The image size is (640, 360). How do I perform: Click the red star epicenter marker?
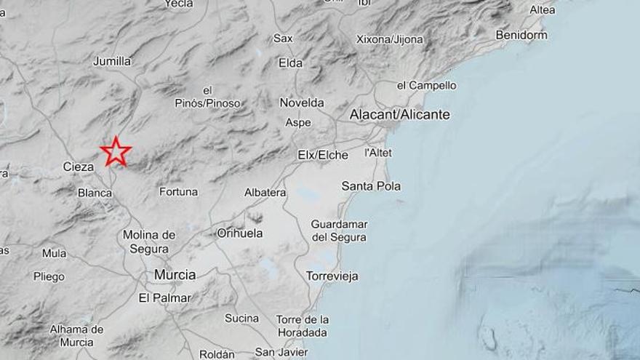coord(116,152)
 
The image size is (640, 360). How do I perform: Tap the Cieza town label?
coord(79,167)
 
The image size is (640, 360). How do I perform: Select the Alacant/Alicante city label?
coord(399,115)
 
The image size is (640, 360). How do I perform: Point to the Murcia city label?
coord(175,275)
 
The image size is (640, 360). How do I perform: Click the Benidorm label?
coord(521,35)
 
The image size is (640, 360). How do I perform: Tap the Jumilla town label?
coord(112,61)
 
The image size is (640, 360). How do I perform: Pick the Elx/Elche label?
coord(323,155)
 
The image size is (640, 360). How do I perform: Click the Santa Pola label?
coord(371,186)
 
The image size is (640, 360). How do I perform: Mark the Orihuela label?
coord(240,233)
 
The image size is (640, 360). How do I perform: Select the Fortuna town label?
coord(178,192)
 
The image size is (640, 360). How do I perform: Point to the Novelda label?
coord(302,103)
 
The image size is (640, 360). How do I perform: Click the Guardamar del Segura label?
coord(339,231)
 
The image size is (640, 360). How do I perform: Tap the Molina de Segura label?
coord(149,241)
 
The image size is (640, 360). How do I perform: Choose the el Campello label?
coord(426,86)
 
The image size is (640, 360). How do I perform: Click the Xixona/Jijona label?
coord(390,39)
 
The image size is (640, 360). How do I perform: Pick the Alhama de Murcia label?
coord(76,335)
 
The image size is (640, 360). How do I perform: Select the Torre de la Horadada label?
coord(302,326)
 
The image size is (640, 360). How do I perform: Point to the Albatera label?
coord(265,192)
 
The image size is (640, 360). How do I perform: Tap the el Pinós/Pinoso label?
coord(207,97)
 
